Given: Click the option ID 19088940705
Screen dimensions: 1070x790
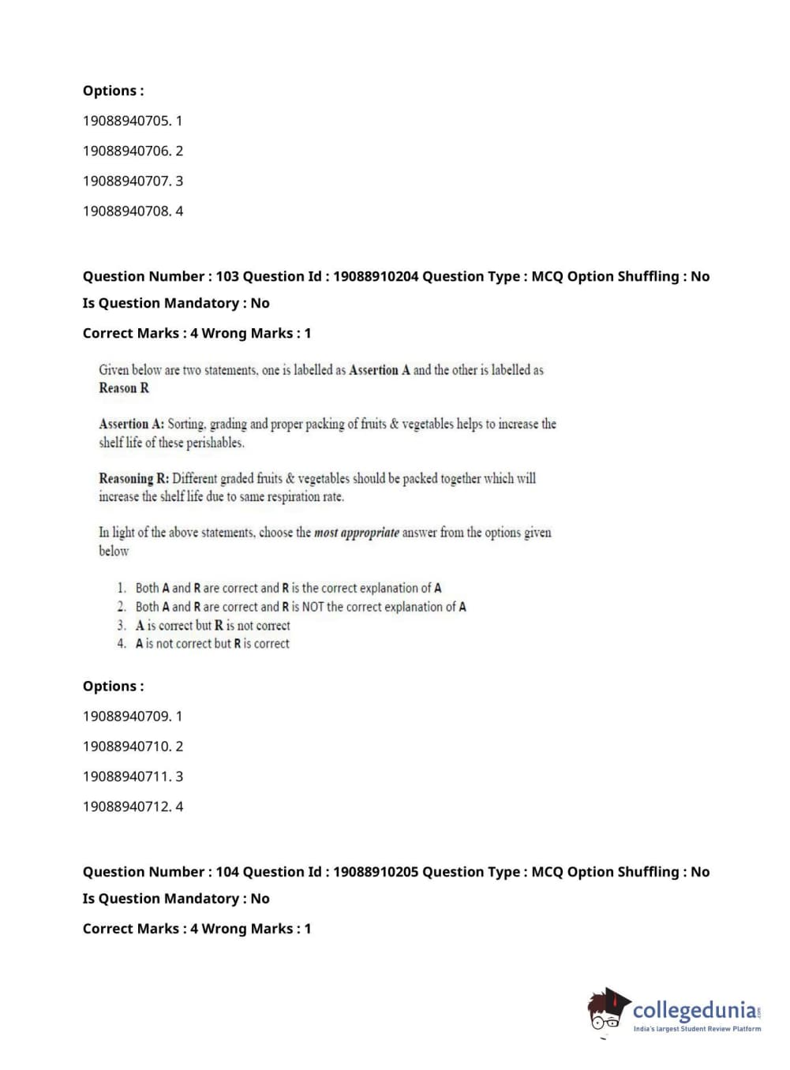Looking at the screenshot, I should (x=125, y=121).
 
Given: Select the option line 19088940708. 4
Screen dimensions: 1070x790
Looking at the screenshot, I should (x=133, y=211).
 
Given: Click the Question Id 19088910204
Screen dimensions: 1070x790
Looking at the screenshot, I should (x=376, y=277).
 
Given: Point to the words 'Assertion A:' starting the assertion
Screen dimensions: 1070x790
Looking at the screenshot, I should (x=131, y=425).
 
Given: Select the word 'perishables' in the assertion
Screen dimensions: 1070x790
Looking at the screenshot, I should (x=215, y=443).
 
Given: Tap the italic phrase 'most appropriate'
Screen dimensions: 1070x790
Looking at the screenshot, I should (x=357, y=533).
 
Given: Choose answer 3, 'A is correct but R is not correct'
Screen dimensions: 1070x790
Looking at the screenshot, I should (x=212, y=626).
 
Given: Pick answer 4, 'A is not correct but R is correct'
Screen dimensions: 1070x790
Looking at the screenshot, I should (x=212, y=644).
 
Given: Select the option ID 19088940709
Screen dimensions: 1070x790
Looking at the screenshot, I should (x=125, y=716).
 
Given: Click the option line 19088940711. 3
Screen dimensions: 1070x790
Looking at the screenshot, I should (x=133, y=777).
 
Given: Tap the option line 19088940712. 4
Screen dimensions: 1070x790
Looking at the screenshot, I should (x=133, y=807).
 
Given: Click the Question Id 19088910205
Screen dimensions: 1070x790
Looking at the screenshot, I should (x=376, y=873).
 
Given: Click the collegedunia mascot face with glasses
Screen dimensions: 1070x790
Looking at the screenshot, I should (x=607, y=1012).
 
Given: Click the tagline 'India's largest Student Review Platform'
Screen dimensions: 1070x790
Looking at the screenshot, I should (x=697, y=1029).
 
